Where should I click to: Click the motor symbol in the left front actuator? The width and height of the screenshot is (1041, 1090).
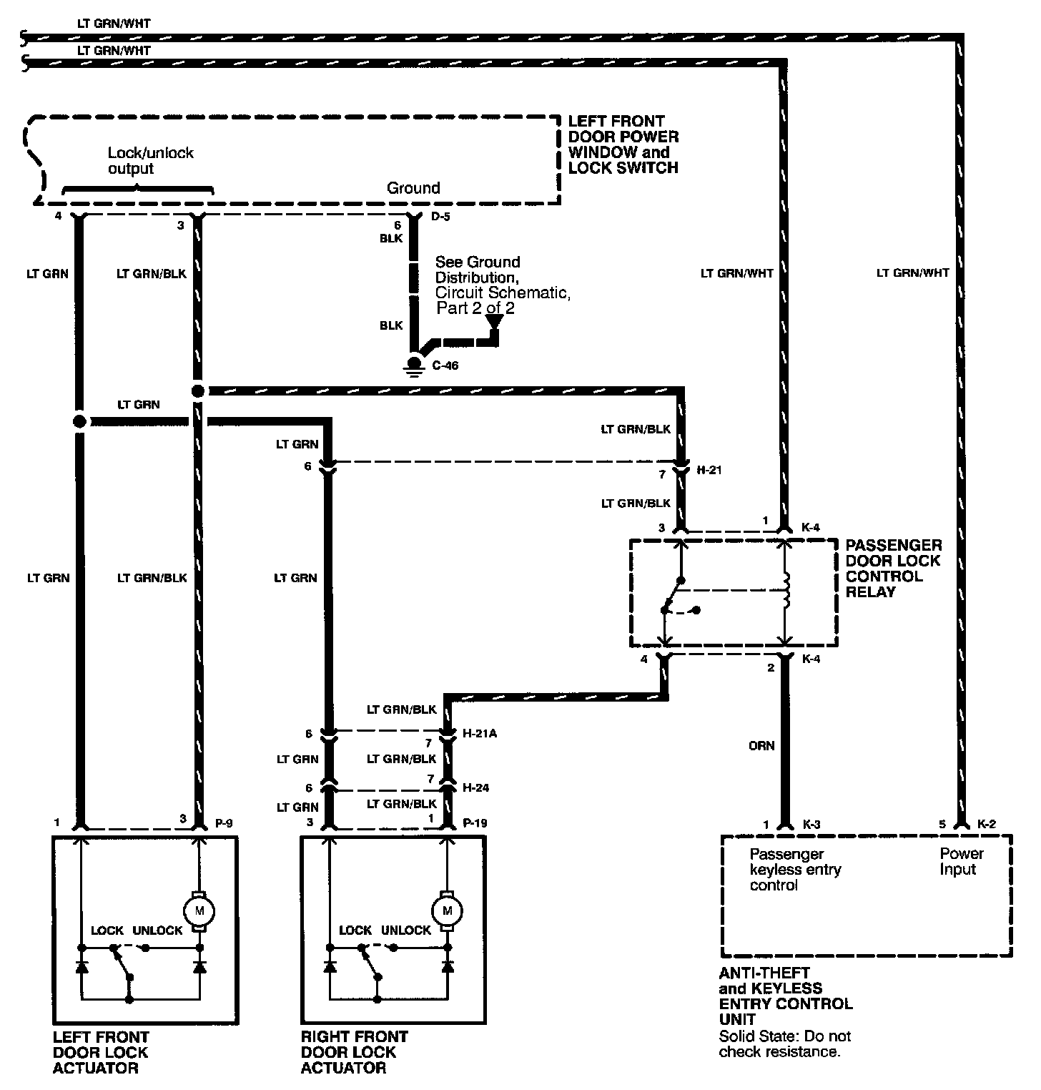click(x=199, y=910)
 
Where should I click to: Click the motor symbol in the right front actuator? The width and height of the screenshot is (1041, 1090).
click(x=448, y=910)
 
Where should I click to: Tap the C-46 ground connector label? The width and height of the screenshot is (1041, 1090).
click(x=445, y=365)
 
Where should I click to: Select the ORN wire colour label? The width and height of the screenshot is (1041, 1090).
click(x=761, y=745)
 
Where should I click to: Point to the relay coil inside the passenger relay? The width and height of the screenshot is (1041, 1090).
click(x=786, y=591)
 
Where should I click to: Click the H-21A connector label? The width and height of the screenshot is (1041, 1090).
click(x=480, y=733)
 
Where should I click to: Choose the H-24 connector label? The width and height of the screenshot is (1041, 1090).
click(x=476, y=787)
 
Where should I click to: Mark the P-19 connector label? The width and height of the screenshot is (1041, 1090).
click(x=475, y=823)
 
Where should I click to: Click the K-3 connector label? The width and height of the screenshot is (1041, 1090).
click(x=811, y=825)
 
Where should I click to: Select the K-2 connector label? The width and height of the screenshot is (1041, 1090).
click(x=986, y=824)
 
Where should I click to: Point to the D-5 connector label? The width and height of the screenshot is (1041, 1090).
click(x=440, y=216)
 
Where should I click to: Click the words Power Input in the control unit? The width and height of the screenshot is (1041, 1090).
click(x=961, y=861)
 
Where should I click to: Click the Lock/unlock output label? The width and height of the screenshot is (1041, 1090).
click(x=150, y=161)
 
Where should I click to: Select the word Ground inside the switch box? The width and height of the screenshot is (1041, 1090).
click(x=413, y=188)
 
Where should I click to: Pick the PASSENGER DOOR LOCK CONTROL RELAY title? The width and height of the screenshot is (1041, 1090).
click(x=893, y=569)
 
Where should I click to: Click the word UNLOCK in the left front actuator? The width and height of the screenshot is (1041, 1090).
click(x=158, y=931)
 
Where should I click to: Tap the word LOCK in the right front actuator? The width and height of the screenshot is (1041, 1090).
click(x=355, y=931)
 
